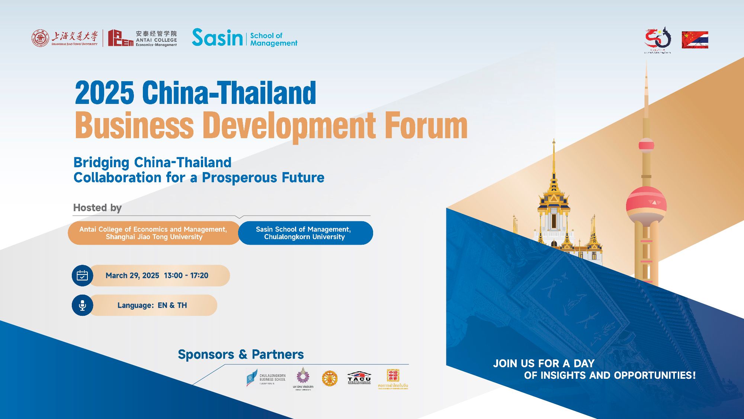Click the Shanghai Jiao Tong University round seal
40,38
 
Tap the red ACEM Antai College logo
121,38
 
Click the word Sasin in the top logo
217,38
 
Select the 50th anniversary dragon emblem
658,39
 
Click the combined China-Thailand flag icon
695,40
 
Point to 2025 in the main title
105,93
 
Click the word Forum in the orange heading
426,126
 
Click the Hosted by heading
97,208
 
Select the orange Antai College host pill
154,233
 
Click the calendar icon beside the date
82,276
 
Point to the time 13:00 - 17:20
186,276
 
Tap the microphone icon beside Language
82,305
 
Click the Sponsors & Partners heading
241,355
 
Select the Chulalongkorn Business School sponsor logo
266,378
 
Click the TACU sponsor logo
359,378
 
